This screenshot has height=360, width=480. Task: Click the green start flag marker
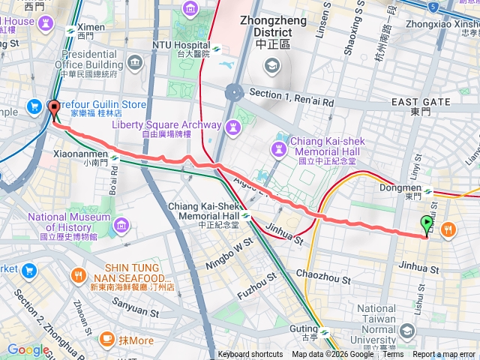click(427, 223)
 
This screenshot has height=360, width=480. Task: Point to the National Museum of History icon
click(121, 223)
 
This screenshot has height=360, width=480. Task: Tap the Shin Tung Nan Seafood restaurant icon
click(79, 277)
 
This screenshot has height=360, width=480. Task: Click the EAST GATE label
click(420, 101)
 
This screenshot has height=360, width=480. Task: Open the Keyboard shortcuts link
click(250, 355)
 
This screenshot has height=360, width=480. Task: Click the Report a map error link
click(444, 355)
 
